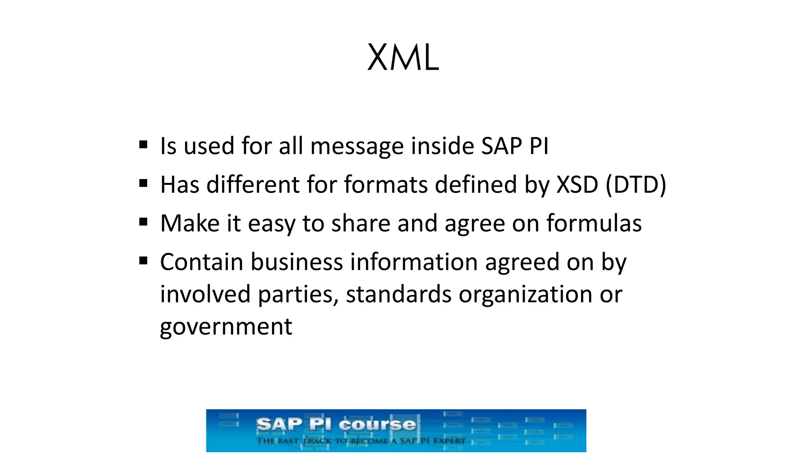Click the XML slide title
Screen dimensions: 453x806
(403, 58)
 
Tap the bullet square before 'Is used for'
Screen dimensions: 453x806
(143, 145)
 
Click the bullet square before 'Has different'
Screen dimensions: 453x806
(143, 184)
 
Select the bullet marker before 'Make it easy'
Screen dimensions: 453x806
(143, 223)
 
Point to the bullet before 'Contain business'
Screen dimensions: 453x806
(143, 261)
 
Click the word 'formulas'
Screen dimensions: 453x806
(594, 223)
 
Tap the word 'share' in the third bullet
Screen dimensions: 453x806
(361, 223)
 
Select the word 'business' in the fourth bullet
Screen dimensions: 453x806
(297, 262)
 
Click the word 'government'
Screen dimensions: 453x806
(226, 327)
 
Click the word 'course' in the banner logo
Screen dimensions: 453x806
(377, 425)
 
